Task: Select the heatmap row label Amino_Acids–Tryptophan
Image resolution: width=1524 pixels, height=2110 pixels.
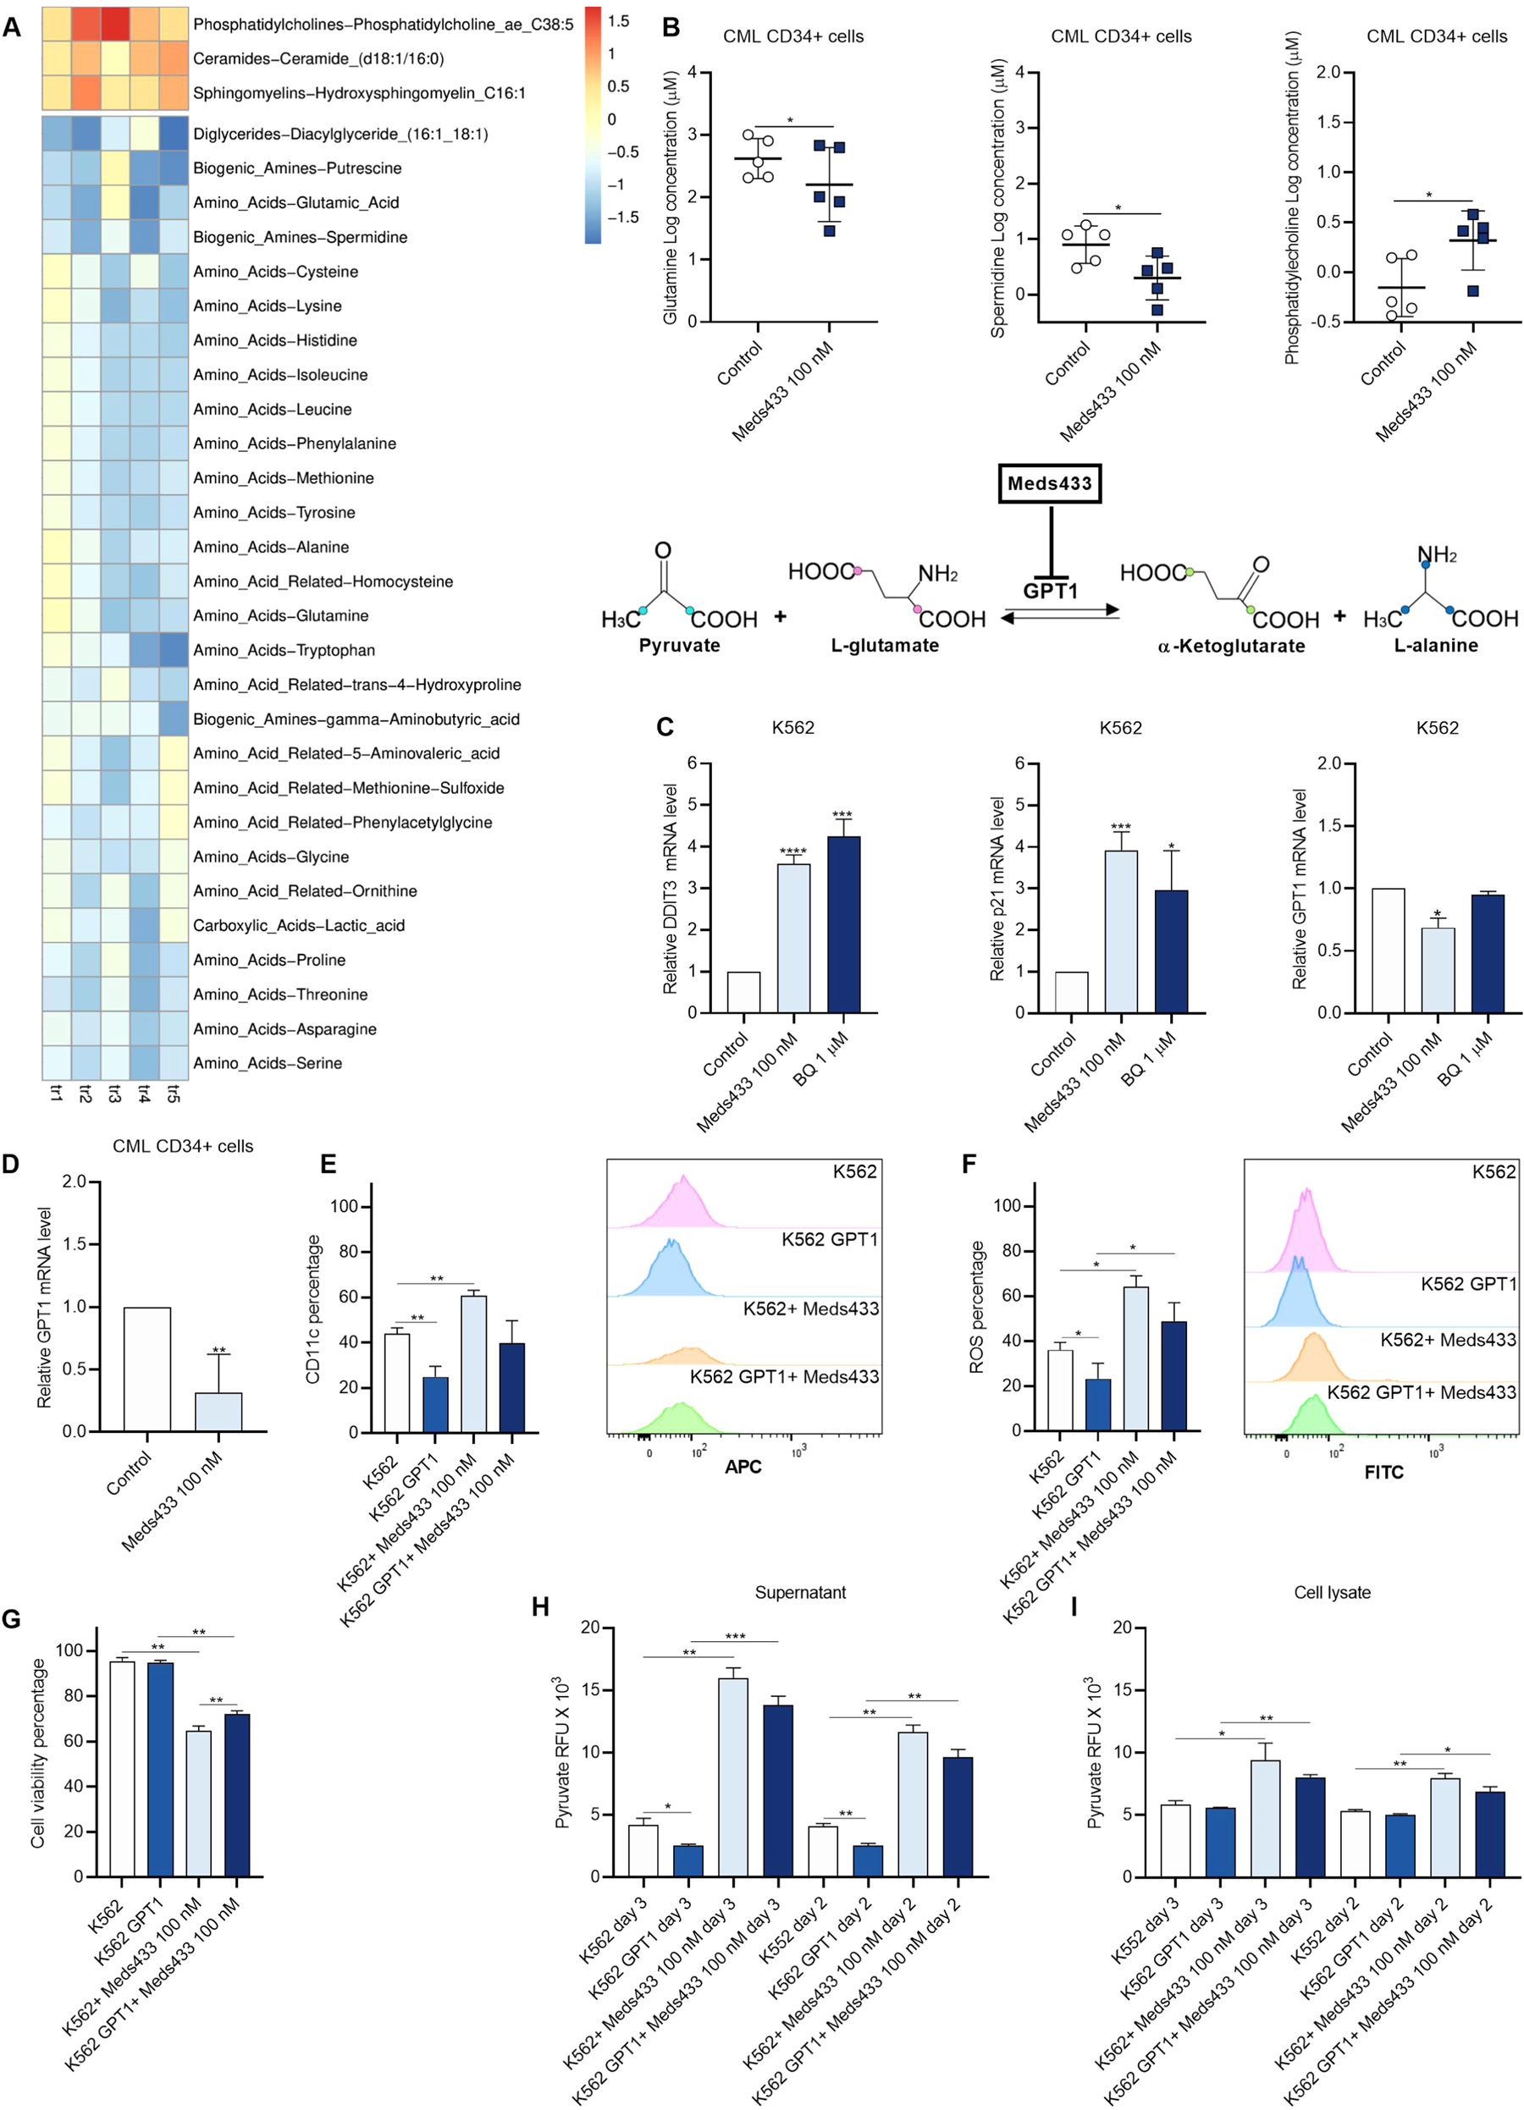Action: pyautogui.click(x=284, y=650)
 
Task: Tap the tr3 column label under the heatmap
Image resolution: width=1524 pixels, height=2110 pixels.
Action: pyautogui.click(x=114, y=1094)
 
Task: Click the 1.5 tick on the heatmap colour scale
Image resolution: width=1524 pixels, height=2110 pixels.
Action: pyautogui.click(x=618, y=20)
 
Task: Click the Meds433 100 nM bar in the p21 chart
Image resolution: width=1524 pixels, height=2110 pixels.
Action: pyautogui.click(x=1120, y=931)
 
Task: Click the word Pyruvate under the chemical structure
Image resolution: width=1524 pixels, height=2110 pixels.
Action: pyautogui.click(x=679, y=645)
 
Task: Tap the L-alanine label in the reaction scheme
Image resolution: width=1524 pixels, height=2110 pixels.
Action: pyautogui.click(x=1435, y=645)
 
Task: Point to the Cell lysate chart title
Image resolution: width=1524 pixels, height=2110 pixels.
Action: pyautogui.click(x=1332, y=1592)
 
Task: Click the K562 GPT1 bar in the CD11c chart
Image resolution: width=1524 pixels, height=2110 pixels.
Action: pyautogui.click(x=435, y=1404)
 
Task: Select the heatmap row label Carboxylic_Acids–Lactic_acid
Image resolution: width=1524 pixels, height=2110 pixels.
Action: pyautogui.click(x=299, y=926)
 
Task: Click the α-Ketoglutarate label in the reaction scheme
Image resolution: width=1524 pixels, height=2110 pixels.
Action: pyautogui.click(x=1230, y=646)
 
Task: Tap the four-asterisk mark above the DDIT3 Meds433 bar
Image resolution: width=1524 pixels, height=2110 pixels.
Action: pyautogui.click(x=792, y=851)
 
